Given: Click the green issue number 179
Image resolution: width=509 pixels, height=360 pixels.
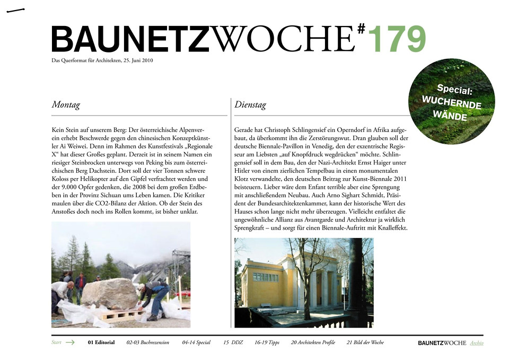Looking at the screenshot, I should [x=396, y=38].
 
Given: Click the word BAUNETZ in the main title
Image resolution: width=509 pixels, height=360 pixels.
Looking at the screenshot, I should [x=130, y=39].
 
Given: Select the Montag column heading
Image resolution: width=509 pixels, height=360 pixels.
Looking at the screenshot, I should [x=66, y=105].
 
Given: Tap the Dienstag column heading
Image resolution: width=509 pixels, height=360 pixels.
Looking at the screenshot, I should [x=250, y=105].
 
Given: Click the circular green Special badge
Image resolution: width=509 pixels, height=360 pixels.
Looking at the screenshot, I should [x=452, y=101].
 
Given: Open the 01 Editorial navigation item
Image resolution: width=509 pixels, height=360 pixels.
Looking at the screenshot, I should [x=101, y=343].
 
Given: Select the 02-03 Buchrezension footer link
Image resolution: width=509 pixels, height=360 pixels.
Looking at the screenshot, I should [x=148, y=343].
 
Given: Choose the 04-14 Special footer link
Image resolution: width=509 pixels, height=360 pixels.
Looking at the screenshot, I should [x=196, y=343].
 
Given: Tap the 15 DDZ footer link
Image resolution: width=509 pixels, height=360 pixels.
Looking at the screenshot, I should [x=233, y=343].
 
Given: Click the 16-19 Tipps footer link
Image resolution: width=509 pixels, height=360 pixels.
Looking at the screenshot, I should [x=267, y=343].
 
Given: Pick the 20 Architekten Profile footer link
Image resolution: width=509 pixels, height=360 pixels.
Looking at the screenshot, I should [x=313, y=343].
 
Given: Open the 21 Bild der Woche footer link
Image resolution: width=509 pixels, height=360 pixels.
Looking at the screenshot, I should [x=365, y=343].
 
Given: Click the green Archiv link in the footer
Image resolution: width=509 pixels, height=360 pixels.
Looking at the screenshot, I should [x=477, y=343].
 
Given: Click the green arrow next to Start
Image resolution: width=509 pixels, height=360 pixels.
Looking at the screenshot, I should [x=70, y=343].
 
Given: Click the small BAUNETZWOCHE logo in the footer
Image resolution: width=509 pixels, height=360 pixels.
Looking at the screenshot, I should [x=442, y=343].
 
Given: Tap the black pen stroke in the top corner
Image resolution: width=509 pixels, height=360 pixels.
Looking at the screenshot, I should [x=16, y=10].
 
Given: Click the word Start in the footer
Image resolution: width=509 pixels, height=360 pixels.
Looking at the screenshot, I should [x=56, y=343].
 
